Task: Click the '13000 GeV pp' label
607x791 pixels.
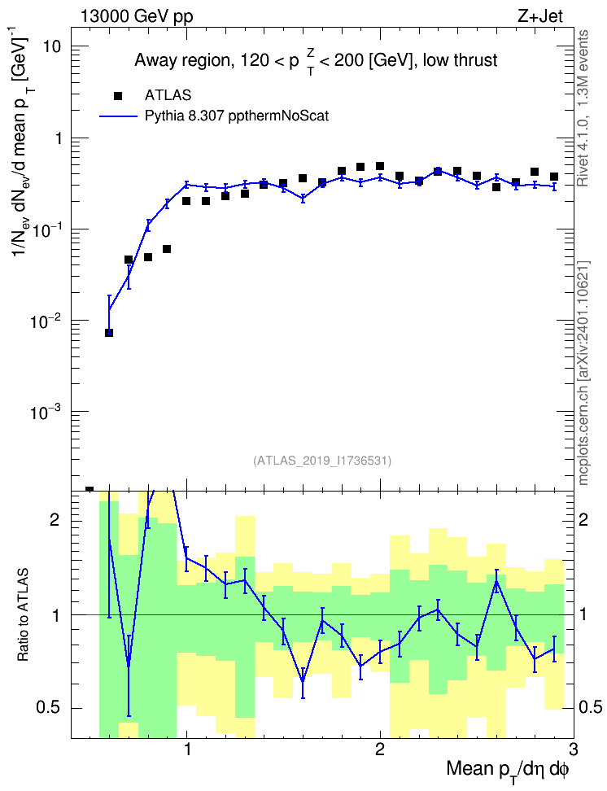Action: pos(136,16)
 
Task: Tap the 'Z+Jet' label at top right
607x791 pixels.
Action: pos(540,16)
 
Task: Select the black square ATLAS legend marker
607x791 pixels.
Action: pos(118,95)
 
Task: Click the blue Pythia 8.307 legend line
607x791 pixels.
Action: pos(118,116)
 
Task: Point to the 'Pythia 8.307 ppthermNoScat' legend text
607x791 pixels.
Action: pos(237,116)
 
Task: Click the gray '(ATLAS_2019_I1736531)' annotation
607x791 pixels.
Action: pos(322,460)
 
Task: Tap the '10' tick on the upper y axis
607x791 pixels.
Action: pos(50,46)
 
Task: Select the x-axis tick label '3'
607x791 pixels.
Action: pos(573,748)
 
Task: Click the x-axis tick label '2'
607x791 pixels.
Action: pos(380,748)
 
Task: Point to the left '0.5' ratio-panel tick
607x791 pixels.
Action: pos(49,708)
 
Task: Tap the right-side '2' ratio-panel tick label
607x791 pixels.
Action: pos(583,519)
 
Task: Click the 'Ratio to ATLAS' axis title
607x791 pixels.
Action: pos(23,614)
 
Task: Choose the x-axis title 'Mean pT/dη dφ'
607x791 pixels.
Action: pos(508,771)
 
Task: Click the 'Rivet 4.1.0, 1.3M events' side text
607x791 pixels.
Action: pos(583,108)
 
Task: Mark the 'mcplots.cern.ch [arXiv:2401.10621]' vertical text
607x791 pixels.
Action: pos(583,373)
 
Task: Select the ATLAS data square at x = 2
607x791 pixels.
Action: pos(380,166)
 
